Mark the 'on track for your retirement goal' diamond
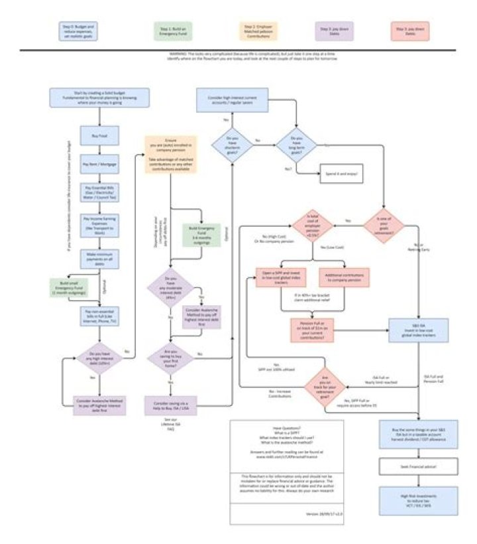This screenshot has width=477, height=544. (325, 385)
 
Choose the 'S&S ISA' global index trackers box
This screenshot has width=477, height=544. (408, 330)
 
